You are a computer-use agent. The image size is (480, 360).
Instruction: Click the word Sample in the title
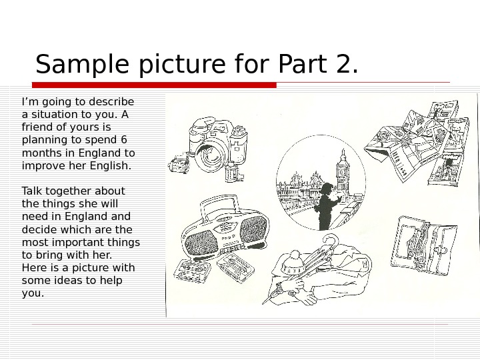(x=82, y=64)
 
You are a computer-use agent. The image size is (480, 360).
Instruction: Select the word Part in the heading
(x=302, y=63)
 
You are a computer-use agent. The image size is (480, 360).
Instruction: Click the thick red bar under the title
(x=154, y=85)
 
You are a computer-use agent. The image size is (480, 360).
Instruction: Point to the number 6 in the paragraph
(x=124, y=139)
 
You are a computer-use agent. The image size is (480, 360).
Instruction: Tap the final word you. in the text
(x=33, y=293)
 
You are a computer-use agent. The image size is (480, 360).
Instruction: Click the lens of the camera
(x=209, y=155)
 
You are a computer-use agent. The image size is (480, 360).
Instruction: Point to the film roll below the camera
(x=233, y=172)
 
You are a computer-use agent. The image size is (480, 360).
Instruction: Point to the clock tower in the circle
(x=342, y=171)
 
